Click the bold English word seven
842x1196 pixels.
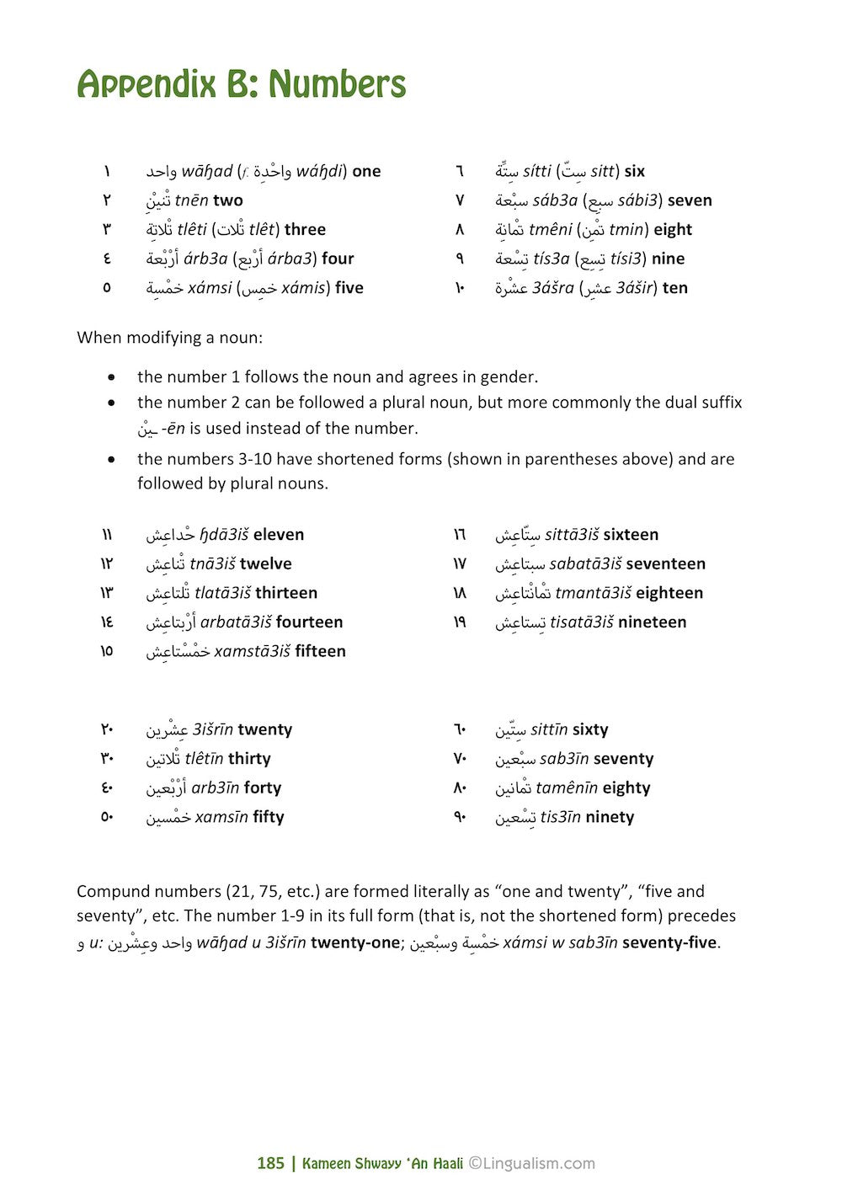(x=690, y=200)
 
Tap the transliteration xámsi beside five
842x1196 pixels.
(x=210, y=288)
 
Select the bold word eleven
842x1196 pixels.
(x=279, y=535)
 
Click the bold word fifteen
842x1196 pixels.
(x=320, y=651)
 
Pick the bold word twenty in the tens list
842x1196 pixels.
(x=264, y=729)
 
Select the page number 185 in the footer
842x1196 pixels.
(x=270, y=1163)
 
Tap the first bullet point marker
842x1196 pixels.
(x=111, y=377)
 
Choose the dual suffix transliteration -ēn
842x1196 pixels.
(x=173, y=429)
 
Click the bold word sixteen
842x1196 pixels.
(x=631, y=535)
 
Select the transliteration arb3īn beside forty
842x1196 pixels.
(x=215, y=788)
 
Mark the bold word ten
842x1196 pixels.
(x=675, y=288)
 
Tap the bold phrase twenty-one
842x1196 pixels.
(x=354, y=942)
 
